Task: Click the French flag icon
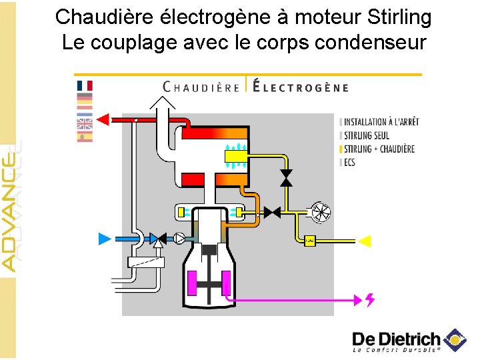[x=85, y=85]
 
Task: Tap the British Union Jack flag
[x=85, y=125]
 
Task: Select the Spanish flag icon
[x=85, y=137]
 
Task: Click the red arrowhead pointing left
[x=103, y=119]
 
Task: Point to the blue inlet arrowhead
[x=105, y=238]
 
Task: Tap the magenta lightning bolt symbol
[x=369, y=300]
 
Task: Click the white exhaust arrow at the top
[x=162, y=105]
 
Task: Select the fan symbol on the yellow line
[x=321, y=213]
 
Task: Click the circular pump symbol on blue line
[x=179, y=238]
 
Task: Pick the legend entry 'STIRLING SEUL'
[x=367, y=135]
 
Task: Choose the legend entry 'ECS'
[x=349, y=162]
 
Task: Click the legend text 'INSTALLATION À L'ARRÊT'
[x=381, y=122]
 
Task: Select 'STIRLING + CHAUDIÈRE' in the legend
[x=379, y=149]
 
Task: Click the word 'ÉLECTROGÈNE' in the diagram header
[x=301, y=87]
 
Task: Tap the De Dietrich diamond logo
[x=456, y=340]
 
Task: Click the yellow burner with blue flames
[x=237, y=157]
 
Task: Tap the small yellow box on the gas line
[x=309, y=241]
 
